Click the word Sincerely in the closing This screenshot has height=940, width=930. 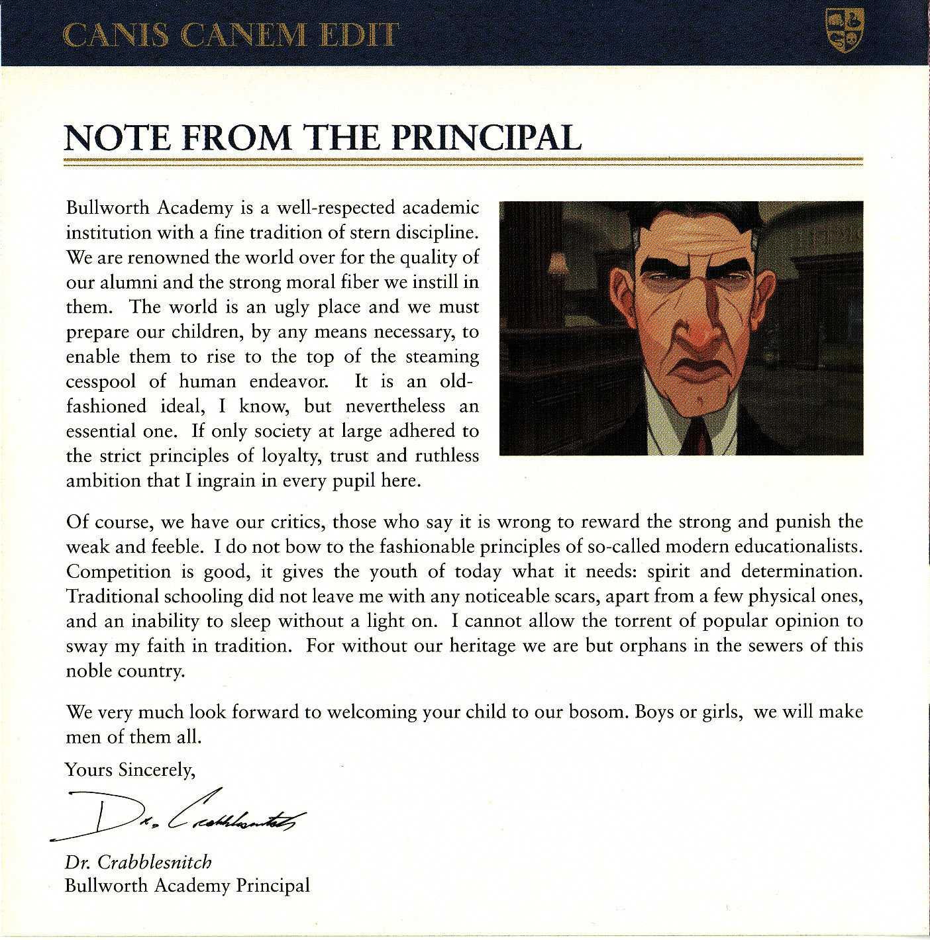point(156,769)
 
